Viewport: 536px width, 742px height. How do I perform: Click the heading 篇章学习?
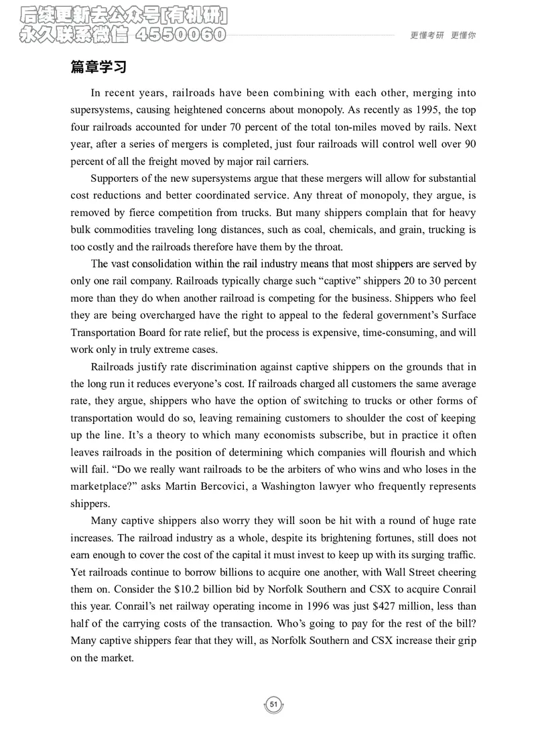pos(99,68)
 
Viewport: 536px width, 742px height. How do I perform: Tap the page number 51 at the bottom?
pos(273,704)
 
